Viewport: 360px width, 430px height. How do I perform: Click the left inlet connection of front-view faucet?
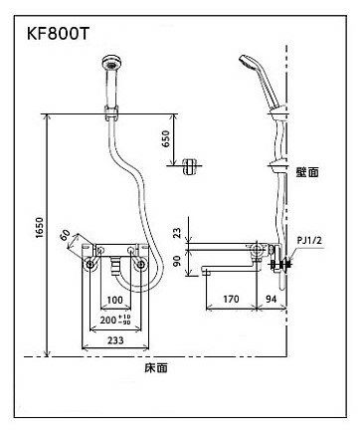(88, 264)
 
